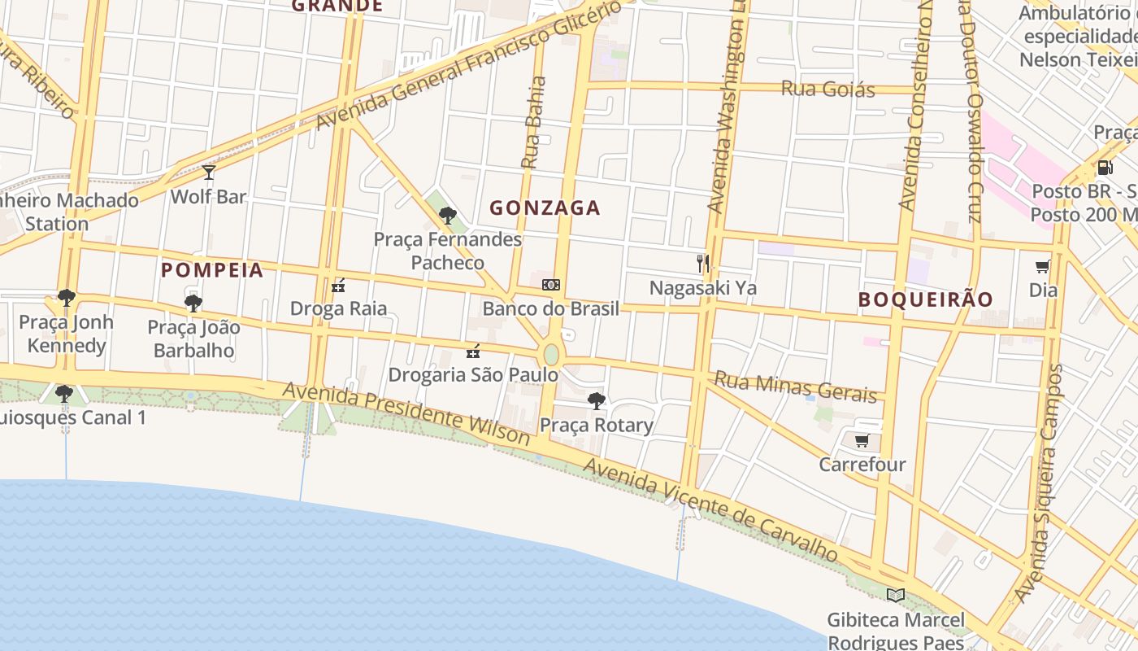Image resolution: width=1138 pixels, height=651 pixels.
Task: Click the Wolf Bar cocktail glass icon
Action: (209, 172)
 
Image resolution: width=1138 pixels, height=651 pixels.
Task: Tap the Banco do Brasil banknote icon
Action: (551, 285)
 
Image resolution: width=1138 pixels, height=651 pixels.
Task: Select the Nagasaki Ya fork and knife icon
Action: (703, 263)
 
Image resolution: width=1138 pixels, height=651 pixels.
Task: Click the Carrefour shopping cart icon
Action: (862, 440)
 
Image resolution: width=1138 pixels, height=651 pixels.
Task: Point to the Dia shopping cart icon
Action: (1043, 266)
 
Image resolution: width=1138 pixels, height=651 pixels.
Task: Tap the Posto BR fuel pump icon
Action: (1105, 168)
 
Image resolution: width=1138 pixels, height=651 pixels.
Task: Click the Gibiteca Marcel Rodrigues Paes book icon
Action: (895, 595)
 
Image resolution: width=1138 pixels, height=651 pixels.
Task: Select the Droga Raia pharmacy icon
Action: (338, 285)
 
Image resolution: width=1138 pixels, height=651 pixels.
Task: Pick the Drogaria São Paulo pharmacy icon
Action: (472, 352)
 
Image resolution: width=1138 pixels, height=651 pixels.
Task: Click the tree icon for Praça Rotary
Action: (597, 400)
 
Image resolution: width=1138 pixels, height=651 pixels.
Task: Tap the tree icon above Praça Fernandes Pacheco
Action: (447, 215)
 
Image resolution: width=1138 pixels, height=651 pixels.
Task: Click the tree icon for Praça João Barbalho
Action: (193, 304)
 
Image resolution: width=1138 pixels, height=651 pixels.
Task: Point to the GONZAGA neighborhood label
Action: (545, 208)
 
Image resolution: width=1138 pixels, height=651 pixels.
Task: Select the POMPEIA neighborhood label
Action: (212, 270)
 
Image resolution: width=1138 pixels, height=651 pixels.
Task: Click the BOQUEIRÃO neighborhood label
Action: (926, 299)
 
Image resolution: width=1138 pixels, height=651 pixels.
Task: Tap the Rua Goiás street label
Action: (827, 89)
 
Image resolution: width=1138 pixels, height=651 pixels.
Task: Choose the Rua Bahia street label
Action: (533, 122)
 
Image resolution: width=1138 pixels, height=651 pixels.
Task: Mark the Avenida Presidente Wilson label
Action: (406, 413)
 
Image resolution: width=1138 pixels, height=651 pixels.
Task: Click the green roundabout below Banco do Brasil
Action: (551, 355)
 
